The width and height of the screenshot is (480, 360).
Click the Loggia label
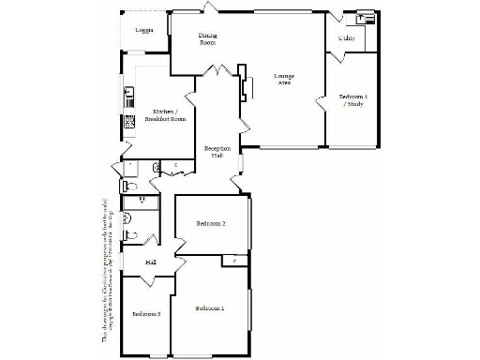coord(143,31)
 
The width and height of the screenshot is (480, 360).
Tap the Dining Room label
coord(207,38)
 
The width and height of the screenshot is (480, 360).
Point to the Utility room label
coord(346,38)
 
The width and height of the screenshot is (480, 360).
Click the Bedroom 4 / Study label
coord(352,100)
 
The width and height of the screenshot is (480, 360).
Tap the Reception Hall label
coord(217,153)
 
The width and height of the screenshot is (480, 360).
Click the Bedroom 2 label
coord(211,224)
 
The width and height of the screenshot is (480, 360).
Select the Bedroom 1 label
coord(209,308)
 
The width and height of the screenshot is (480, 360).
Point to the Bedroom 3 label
coord(145,313)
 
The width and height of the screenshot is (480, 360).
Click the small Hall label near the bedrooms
coord(150,262)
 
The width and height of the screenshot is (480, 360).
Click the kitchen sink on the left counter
coord(129,93)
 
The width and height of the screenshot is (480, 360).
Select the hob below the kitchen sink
coord(130,121)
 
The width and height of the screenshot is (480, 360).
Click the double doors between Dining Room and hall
coord(218,73)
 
